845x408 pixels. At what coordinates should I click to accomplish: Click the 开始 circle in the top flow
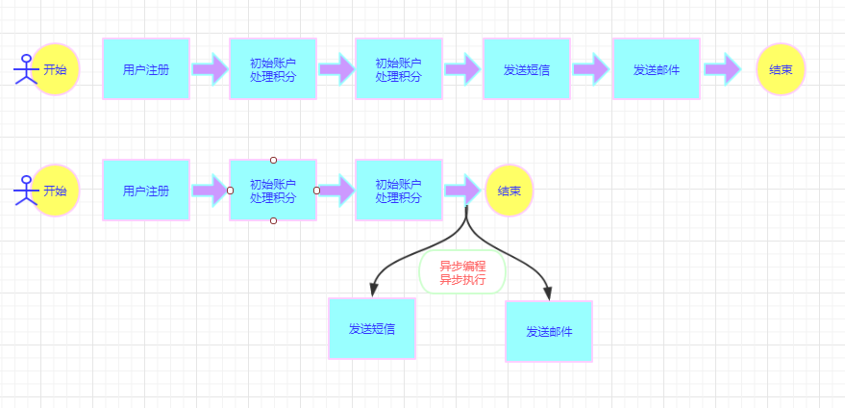pyautogui.click(x=56, y=69)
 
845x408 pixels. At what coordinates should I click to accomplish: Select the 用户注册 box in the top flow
pyautogui.click(x=146, y=69)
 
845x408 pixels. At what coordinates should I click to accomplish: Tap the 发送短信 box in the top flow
pyautogui.click(x=526, y=69)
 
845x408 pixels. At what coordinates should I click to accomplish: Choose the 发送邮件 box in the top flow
pyautogui.click(x=657, y=69)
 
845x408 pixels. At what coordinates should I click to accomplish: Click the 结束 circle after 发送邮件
pyautogui.click(x=781, y=69)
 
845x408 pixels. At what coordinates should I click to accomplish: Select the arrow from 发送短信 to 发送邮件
pyautogui.click(x=591, y=69)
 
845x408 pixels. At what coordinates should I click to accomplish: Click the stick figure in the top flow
pyautogui.click(x=24, y=69)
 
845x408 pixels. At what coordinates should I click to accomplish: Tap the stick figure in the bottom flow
pyautogui.click(x=24, y=191)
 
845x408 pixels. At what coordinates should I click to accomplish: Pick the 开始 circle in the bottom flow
pyautogui.click(x=56, y=191)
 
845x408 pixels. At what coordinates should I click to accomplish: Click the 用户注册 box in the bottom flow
pyautogui.click(x=146, y=191)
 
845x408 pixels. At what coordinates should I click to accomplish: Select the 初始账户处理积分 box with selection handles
pyautogui.click(x=273, y=191)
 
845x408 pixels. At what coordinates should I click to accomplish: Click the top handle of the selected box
pyautogui.click(x=273, y=160)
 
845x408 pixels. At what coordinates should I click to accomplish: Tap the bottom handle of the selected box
pyautogui.click(x=273, y=221)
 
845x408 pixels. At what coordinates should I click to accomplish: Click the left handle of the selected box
pyautogui.click(x=230, y=191)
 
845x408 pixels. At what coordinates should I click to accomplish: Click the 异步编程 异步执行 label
pyautogui.click(x=462, y=273)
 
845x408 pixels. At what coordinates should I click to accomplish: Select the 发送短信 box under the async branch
pyautogui.click(x=372, y=328)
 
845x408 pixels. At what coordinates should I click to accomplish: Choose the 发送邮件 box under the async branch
pyautogui.click(x=549, y=331)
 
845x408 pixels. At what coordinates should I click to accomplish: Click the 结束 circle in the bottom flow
pyautogui.click(x=509, y=191)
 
